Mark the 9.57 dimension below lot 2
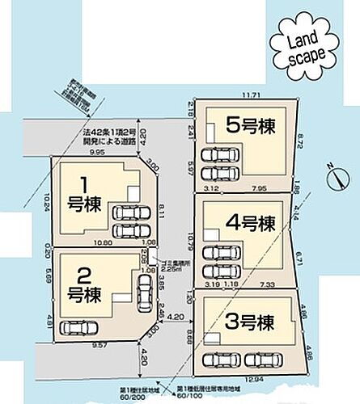click(x=78, y=345)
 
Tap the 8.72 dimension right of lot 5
click(x=301, y=142)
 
